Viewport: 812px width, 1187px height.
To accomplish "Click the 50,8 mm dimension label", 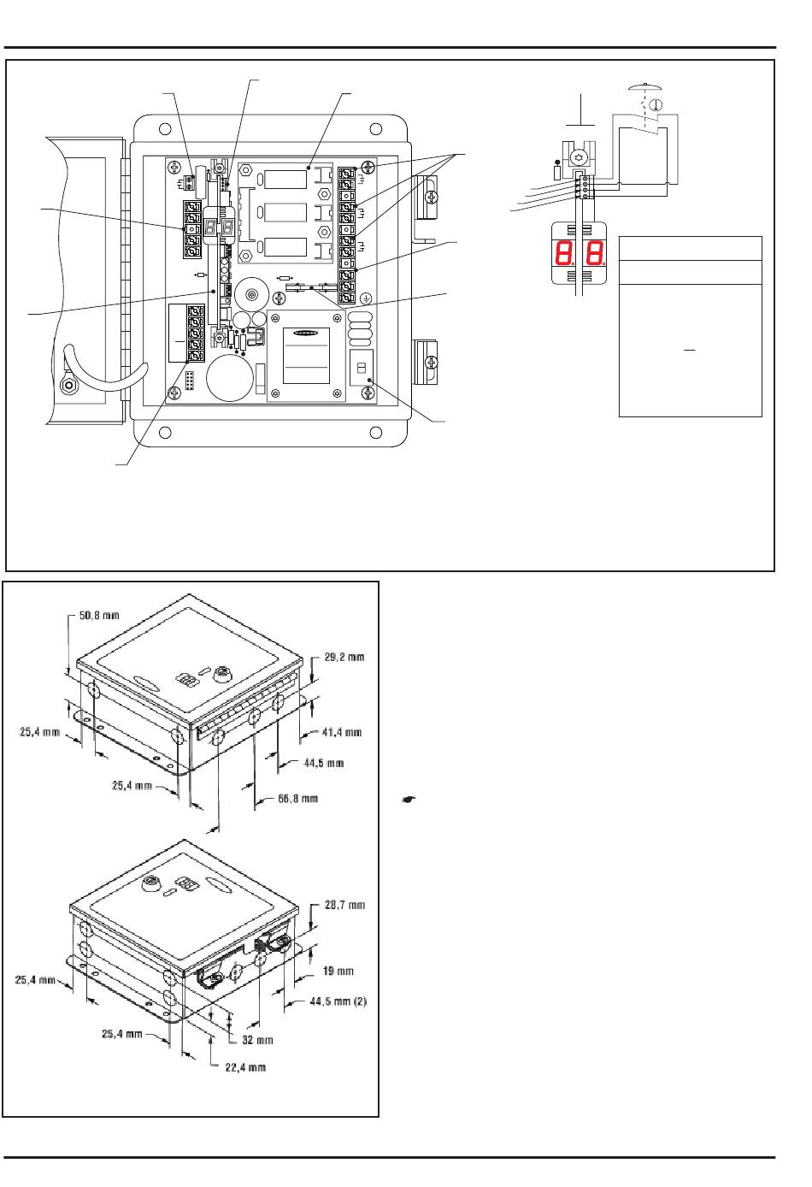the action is (x=99, y=615).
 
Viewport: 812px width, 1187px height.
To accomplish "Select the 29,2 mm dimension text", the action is (x=344, y=657).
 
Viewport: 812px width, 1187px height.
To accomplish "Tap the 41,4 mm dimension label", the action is (x=342, y=732).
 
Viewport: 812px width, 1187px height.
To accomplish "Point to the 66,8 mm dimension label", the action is (x=297, y=798).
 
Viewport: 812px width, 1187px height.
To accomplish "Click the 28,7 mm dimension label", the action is (x=344, y=905).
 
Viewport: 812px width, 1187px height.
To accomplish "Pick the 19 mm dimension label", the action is (x=338, y=971).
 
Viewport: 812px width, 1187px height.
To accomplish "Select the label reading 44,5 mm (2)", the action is (x=338, y=1001).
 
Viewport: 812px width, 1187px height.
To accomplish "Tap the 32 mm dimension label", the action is (x=257, y=1040).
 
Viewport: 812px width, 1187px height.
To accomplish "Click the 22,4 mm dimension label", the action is (x=245, y=1066).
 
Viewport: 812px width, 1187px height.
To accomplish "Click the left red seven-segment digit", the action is (x=564, y=253).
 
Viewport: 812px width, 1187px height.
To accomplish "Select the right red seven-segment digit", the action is (x=596, y=253).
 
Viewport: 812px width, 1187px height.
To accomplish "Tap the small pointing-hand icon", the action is (x=409, y=799).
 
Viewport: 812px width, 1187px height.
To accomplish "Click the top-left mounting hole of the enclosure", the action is (x=165, y=129).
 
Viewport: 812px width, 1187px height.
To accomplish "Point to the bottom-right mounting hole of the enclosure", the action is (x=375, y=433).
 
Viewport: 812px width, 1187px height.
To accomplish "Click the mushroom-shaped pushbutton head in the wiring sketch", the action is (x=644, y=87).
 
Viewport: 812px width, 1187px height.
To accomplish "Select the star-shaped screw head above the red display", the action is (x=578, y=156).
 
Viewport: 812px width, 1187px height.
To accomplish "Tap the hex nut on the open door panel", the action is (x=68, y=385).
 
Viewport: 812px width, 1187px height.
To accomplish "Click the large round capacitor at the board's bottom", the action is (x=230, y=376).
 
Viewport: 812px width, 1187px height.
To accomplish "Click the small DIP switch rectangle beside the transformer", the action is (x=362, y=367).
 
